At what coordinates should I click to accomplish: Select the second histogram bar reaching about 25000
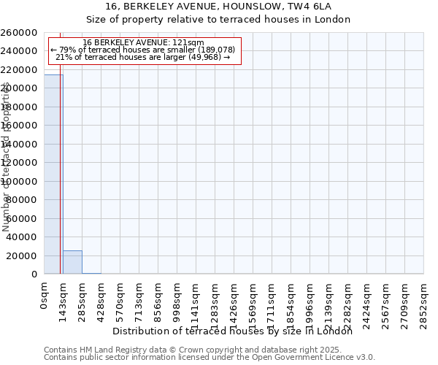pos(72,262)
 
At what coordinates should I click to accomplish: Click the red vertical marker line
pos(60,182)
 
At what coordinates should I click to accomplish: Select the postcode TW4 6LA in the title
pos(301,6)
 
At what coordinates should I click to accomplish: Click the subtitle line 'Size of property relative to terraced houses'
pos(218,20)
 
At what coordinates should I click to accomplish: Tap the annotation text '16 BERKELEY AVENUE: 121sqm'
pos(143,43)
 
